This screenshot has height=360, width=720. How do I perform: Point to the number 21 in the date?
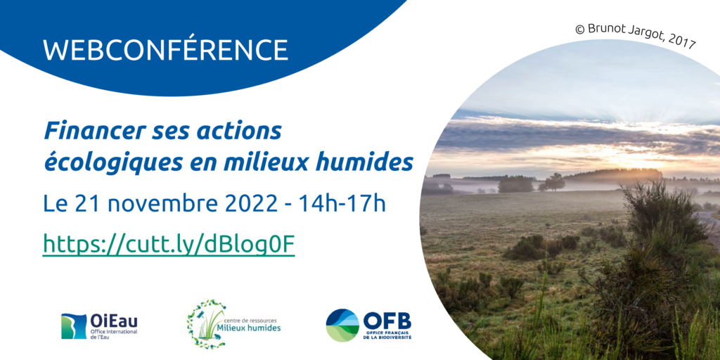pos(84,204)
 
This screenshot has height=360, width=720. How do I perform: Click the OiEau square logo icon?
pos(74,326)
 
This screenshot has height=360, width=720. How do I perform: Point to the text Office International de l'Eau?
pos(110,333)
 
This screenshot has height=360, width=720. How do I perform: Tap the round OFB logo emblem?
pos(342,325)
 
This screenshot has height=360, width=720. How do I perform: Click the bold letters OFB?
pos(387,320)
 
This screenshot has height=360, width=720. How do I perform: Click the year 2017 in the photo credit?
pos(683,42)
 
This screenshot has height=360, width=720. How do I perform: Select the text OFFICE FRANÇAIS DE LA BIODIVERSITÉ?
pos(388,335)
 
